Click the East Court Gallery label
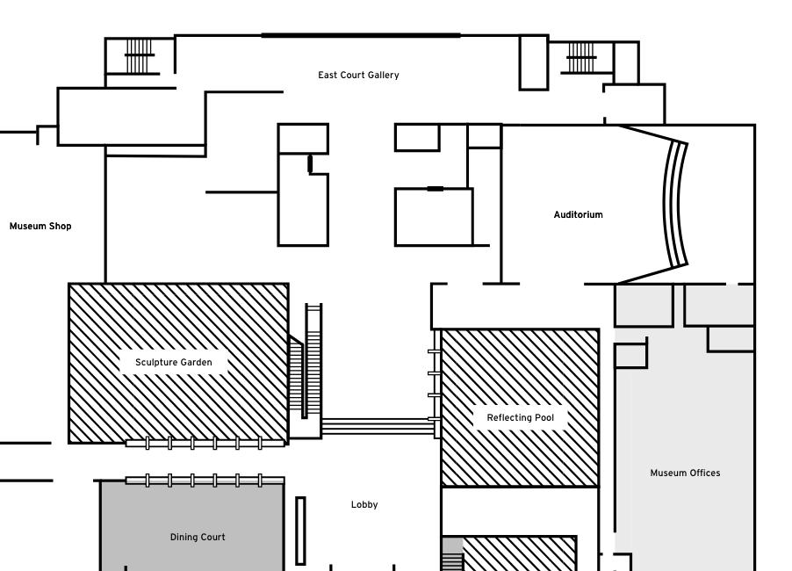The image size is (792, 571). tap(358, 76)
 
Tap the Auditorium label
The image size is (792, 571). tap(578, 214)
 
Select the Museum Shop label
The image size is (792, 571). tap(40, 227)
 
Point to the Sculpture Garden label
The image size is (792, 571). tap(173, 362)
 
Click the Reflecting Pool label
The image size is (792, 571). tap(520, 418)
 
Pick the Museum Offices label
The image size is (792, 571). tap(685, 473)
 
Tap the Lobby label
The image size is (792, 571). tap(364, 504)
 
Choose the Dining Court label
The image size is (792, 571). tap(198, 537)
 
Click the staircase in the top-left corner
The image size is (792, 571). tap(140, 56)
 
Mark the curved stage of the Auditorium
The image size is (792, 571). tap(674, 203)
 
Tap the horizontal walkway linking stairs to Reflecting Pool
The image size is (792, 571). tap(378, 427)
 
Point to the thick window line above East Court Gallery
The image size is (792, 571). tap(361, 35)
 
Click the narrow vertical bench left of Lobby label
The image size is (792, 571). tap(300, 531)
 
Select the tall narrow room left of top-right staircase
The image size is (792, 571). tap(534, 62)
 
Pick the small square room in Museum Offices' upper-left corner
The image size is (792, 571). tap(630, 356)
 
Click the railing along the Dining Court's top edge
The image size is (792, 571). tap(205, 481)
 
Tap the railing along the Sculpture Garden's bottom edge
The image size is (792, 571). tap(205, 444)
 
